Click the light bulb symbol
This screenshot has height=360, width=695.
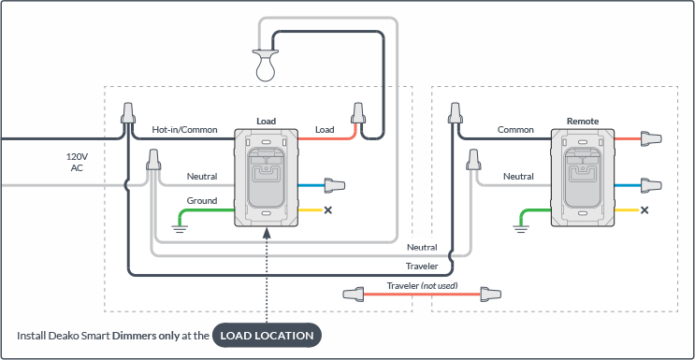click(x=265, y=65)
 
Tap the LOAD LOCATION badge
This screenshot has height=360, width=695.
click(x=267, y=335)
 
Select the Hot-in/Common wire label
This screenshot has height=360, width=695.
click(x=185, y=130)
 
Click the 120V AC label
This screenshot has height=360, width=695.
click(x=77, y=163)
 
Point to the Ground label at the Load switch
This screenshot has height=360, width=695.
click(x=202, y=201)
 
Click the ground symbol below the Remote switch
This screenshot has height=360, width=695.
click(x=521, y=228)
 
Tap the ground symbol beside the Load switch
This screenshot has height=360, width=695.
click(x=179, y=228)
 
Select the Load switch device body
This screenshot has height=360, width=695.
click(x=267, y=178)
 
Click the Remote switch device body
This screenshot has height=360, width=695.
click(x=583, y=178)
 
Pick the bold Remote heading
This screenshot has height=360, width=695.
click(x=583, y=121)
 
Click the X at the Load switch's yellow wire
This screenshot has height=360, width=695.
click(x=328, y=209)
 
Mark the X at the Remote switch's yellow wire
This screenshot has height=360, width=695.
click(x=644, y=209)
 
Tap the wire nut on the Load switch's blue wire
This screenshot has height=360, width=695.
click(x=335, y=185)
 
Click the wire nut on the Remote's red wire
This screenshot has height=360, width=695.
click(x=651, y=138)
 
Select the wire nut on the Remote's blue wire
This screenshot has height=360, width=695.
click(x=651, y=185)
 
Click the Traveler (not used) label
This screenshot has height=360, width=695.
click(x=422, y=286)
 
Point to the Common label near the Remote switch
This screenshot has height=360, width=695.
click(x=515, y=130)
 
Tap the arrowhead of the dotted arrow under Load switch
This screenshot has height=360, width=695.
click(x=267, y=233)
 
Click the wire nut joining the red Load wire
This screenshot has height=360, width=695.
click(x=358, y=113)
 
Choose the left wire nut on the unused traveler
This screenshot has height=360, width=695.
click(x=354, y=294)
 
